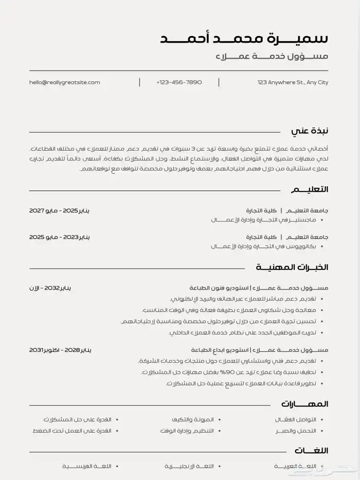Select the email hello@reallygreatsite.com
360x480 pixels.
coord(65,82)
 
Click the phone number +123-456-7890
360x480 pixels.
coord(179,82)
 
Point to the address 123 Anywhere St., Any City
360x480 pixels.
coord(293,82)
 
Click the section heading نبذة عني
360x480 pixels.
coord(309,131)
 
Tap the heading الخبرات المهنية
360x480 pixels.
coord(292,268)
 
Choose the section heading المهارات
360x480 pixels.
coord(304,404)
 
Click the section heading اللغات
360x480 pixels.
coord(311,451)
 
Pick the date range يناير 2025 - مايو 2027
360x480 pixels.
coord(59,211)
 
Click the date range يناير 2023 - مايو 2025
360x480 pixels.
coord(59,237)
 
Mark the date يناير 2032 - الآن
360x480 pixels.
coord(50,288)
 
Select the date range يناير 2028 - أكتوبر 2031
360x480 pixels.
coord(60,350)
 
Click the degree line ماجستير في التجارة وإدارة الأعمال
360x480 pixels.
coord(263,220)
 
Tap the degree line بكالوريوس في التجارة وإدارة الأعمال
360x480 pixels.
coord(263,246)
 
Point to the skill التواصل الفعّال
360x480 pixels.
coord(296,420)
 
